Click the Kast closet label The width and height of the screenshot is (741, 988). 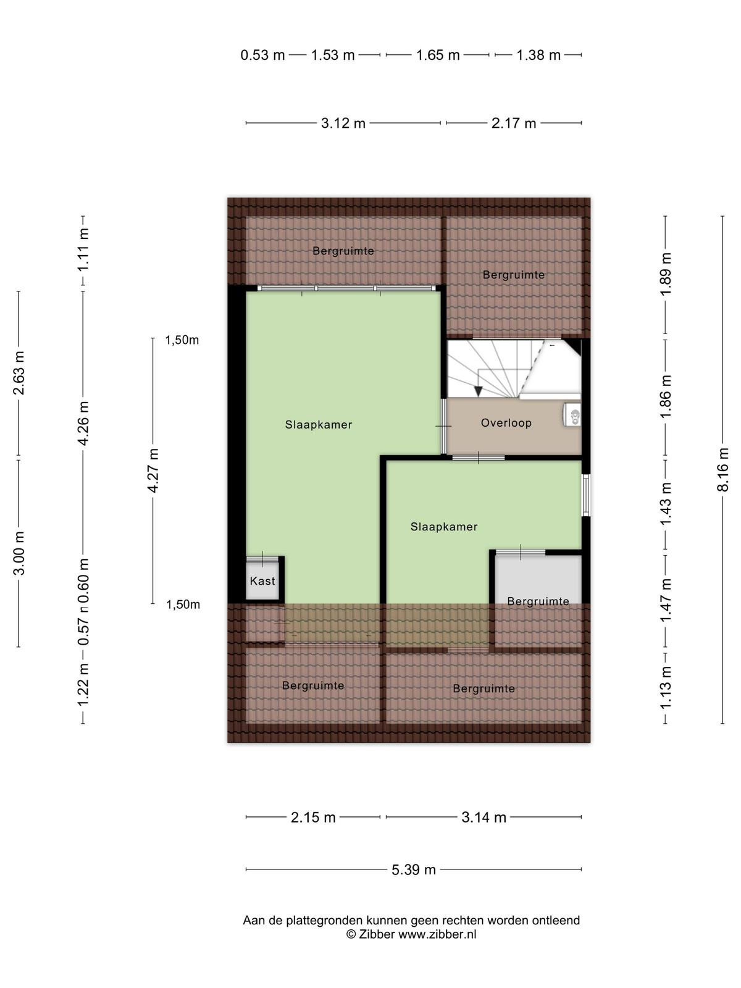[262, 580]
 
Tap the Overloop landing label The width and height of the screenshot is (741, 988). [506, 422]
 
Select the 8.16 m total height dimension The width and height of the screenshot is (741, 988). [722, 469]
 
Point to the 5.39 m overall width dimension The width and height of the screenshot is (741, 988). [414, 869]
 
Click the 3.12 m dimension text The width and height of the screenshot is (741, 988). [343, 123]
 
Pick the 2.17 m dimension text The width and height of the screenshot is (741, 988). [514, 123]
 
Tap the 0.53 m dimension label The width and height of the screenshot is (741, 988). [263, 55]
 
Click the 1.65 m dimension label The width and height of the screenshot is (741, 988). [438, 55]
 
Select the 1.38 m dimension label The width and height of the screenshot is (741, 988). [538, 55]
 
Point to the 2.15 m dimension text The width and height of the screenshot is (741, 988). [313, 817]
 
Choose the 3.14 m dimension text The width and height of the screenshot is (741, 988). [484, 817]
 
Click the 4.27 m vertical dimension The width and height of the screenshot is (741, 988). [153, 471]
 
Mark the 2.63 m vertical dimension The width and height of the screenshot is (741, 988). [19, 373]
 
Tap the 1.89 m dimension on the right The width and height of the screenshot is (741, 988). [666, 274]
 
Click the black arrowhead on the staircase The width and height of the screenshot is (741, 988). [478, 391]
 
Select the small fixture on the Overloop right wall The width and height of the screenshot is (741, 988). [572, 414]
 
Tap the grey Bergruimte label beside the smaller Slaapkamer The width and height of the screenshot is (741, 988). [538, 601]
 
